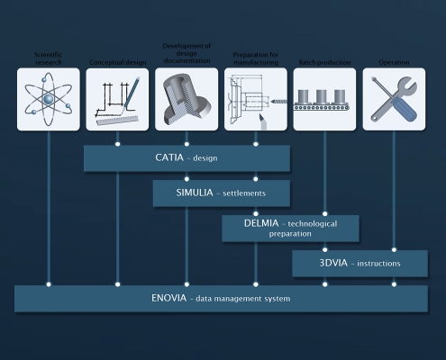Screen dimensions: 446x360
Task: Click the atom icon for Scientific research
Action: click(x=49, y=99)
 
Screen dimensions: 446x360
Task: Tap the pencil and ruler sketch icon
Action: click(x=117, y=101)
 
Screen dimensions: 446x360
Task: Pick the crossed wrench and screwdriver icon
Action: click(x=394, y=99)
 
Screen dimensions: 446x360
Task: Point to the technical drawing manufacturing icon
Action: click(x=256, y=102)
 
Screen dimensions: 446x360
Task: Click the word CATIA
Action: click(x=169, y=157)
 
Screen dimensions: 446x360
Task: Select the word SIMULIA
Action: click(x=195, y=193)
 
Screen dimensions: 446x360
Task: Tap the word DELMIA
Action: click(x=261, y=223)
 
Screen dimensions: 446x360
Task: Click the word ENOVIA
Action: click(x=168, y=298)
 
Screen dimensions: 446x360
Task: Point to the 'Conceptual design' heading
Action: click(x=118, y=62)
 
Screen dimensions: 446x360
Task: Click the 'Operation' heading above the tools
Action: click(x=394, y=62)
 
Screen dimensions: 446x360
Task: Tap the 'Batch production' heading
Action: click(x=324, y=62)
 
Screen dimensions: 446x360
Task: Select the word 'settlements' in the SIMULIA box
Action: click(x=244, y=193)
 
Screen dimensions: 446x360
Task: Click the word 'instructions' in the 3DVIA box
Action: click(x=378, y=264)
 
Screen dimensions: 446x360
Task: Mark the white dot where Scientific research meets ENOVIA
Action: click(x=49, y=284)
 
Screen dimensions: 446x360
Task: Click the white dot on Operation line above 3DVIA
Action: click(x=394, y=249)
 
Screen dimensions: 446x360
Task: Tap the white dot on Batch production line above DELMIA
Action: click(x=324, y=214)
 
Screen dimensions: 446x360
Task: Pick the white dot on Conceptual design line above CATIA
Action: click(x=117, y=144)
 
